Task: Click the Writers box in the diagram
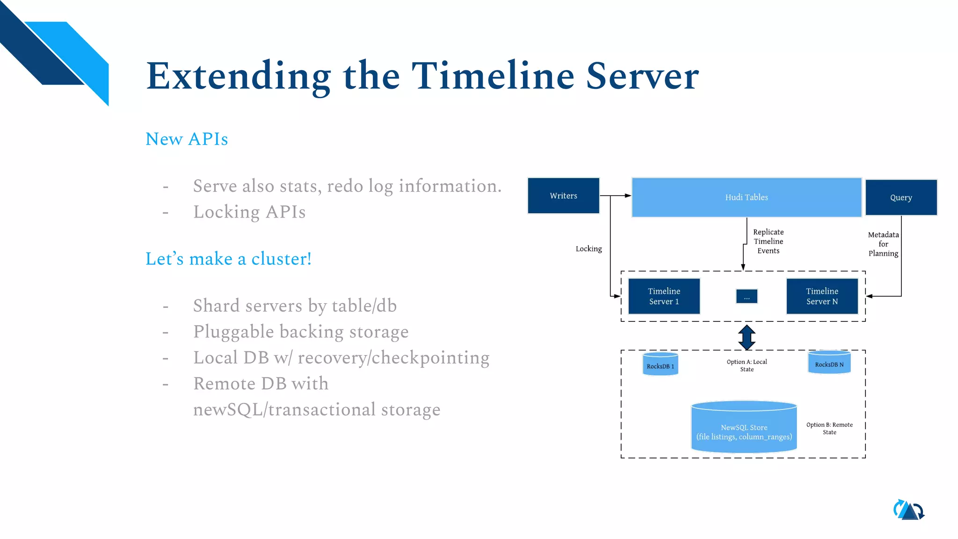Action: coord(563,196)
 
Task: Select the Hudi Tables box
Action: coord(746,197)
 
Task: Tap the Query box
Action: coord(900,197)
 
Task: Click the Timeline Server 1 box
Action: coord(664,296)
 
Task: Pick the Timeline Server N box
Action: coord(822,296)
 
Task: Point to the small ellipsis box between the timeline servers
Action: coord(747,297)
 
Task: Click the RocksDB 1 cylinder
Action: coord(660,365)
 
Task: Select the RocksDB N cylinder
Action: coord(829,363)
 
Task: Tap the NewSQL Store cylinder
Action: coord(744,428)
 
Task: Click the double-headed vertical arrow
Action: coord(747,337)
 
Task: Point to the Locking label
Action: coord(588,249)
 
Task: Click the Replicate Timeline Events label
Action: coord(768,241)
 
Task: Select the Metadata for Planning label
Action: coord(883,244)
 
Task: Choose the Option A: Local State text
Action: coord(747,365)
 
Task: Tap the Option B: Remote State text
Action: coord(829,428)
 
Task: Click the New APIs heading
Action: coord(187,139)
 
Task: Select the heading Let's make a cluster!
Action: coord(228,259)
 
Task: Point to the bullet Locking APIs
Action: coord(249,212)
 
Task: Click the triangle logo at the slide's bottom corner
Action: coord(909,510)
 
